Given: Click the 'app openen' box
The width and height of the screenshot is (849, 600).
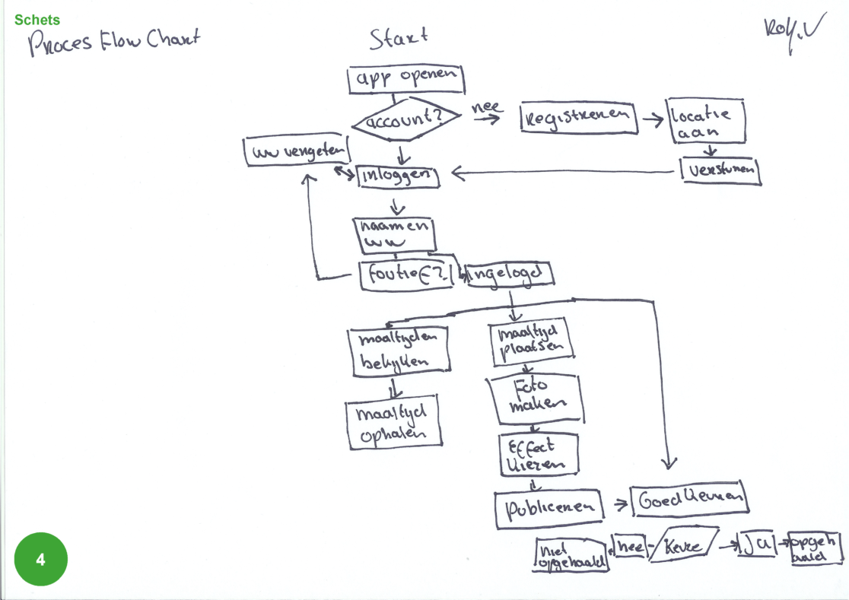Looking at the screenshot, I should tap(405, 79).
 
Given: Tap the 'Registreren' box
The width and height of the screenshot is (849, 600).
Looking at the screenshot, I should tap(579, 118).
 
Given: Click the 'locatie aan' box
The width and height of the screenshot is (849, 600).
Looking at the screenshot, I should tap(705, 121).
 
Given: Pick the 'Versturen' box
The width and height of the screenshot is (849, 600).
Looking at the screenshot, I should tap(721, 171).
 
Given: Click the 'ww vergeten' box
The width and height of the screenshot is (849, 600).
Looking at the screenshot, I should tap(296, 151).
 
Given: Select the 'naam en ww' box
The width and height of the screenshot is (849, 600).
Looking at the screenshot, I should tap(394, 235).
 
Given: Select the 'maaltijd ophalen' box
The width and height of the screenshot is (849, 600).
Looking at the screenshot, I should tap(393, 423).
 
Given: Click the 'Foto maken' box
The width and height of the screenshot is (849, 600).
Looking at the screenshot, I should tap(536, 398).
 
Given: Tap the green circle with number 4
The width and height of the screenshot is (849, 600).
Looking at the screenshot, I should tap(40, 560).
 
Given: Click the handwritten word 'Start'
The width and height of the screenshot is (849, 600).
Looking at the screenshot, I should tap(398, 39).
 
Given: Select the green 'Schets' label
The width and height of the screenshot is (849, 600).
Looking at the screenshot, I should tap(37, 20).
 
